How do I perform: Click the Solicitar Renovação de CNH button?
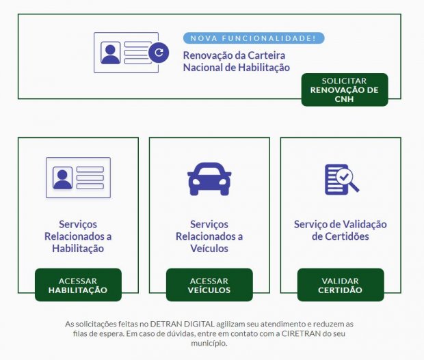coord(344,89)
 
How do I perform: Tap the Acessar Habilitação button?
coord(78,285)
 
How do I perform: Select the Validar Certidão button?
coord(340,285)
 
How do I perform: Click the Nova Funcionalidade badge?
coord(253,38)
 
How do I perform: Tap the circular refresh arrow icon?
coord(159,52)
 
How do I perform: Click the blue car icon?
coord(209,178)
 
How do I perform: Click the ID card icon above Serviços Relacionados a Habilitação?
coord(78,178)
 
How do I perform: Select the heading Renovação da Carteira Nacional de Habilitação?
coord(236,61)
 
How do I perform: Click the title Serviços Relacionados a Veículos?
coord(209,236)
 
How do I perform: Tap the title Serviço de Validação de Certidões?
coord(340,230)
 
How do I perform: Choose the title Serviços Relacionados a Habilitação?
coord(78,236)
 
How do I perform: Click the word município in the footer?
coord(212,343)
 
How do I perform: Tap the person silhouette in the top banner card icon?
coord(111,53)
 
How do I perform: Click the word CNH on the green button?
coord(344,98)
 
